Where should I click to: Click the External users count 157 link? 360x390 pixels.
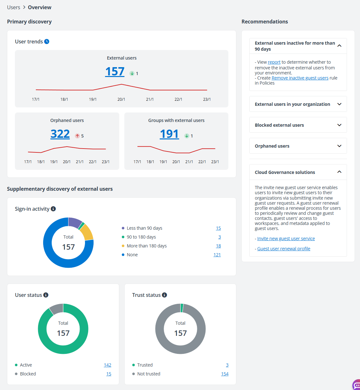[115, 72]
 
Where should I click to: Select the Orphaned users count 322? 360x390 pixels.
[60, 134]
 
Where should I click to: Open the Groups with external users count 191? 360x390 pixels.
[169, 134]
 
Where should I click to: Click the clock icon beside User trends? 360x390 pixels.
[47, 42]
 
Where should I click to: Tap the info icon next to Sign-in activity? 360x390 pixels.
[53, 209]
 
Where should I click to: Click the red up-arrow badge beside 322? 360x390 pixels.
[77, 136]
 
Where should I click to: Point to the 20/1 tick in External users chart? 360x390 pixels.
[121, 99]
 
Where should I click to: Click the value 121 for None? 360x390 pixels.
[217, 255]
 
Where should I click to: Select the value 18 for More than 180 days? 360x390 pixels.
[218, 246]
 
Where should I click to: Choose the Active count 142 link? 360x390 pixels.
[107, 365]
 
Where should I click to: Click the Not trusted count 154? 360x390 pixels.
[225, 374]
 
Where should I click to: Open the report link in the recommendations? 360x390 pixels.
[274, 62]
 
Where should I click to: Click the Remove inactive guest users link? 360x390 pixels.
[300, 78]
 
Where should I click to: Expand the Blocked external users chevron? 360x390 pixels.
[339, 125]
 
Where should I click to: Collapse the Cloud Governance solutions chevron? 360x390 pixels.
[339, 172]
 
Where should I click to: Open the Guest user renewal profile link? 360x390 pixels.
[284, 249]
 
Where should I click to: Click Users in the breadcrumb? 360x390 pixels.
[14, 7]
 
